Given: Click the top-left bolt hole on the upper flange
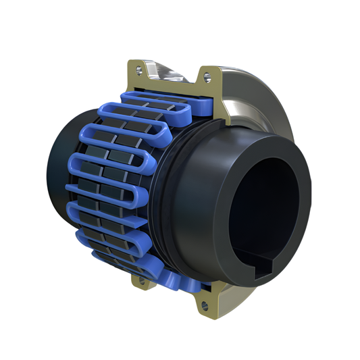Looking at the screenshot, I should click(140, 68).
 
